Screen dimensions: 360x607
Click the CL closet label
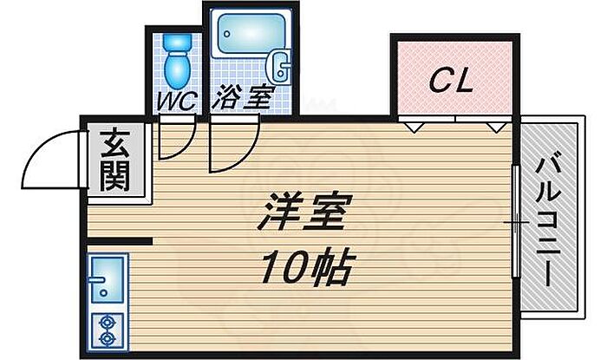[x=452, y=83]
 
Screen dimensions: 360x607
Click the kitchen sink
[x=107, y=278]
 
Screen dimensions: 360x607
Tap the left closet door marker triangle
[x=414, y=127]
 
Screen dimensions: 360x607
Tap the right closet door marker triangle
[x=493, y=127]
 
